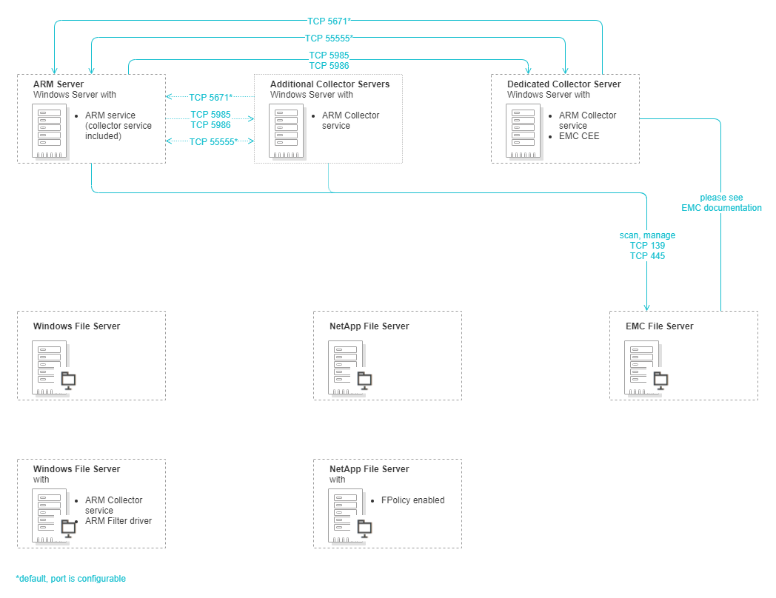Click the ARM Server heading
[58, 84]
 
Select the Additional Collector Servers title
[330, 84]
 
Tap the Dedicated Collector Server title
[563, 84]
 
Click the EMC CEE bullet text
[579, 136]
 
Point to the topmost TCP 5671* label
[329, 21]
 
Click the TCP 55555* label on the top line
[329, 38]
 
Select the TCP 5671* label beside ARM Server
[210, 97]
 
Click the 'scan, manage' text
[647, 235]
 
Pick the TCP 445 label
[647, 256]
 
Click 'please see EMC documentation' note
[721, 203]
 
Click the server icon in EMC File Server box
[641, 367]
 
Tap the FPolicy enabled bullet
[412, 500]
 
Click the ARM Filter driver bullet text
[118, 521]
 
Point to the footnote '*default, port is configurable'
[71, 579]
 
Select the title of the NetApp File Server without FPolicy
[369, 326]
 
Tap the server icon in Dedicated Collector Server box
[524, 130]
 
